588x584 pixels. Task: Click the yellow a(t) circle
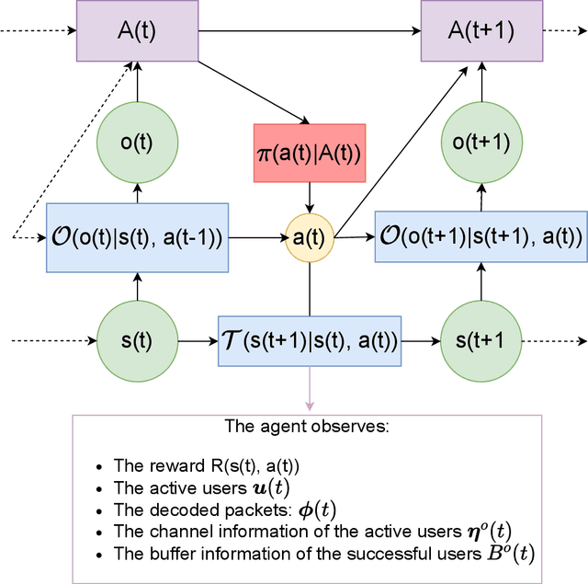(x=310, y=237)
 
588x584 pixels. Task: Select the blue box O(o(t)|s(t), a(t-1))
(x=138, y=237)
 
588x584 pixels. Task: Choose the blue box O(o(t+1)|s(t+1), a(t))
(x=481, y=237)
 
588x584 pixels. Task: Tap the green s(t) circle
(x=137, y=341)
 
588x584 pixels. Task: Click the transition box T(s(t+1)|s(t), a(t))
(x=310, y=341)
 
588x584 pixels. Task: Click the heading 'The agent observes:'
(x=308, y=428)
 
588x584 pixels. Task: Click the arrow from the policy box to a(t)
(x=310, y=195)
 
